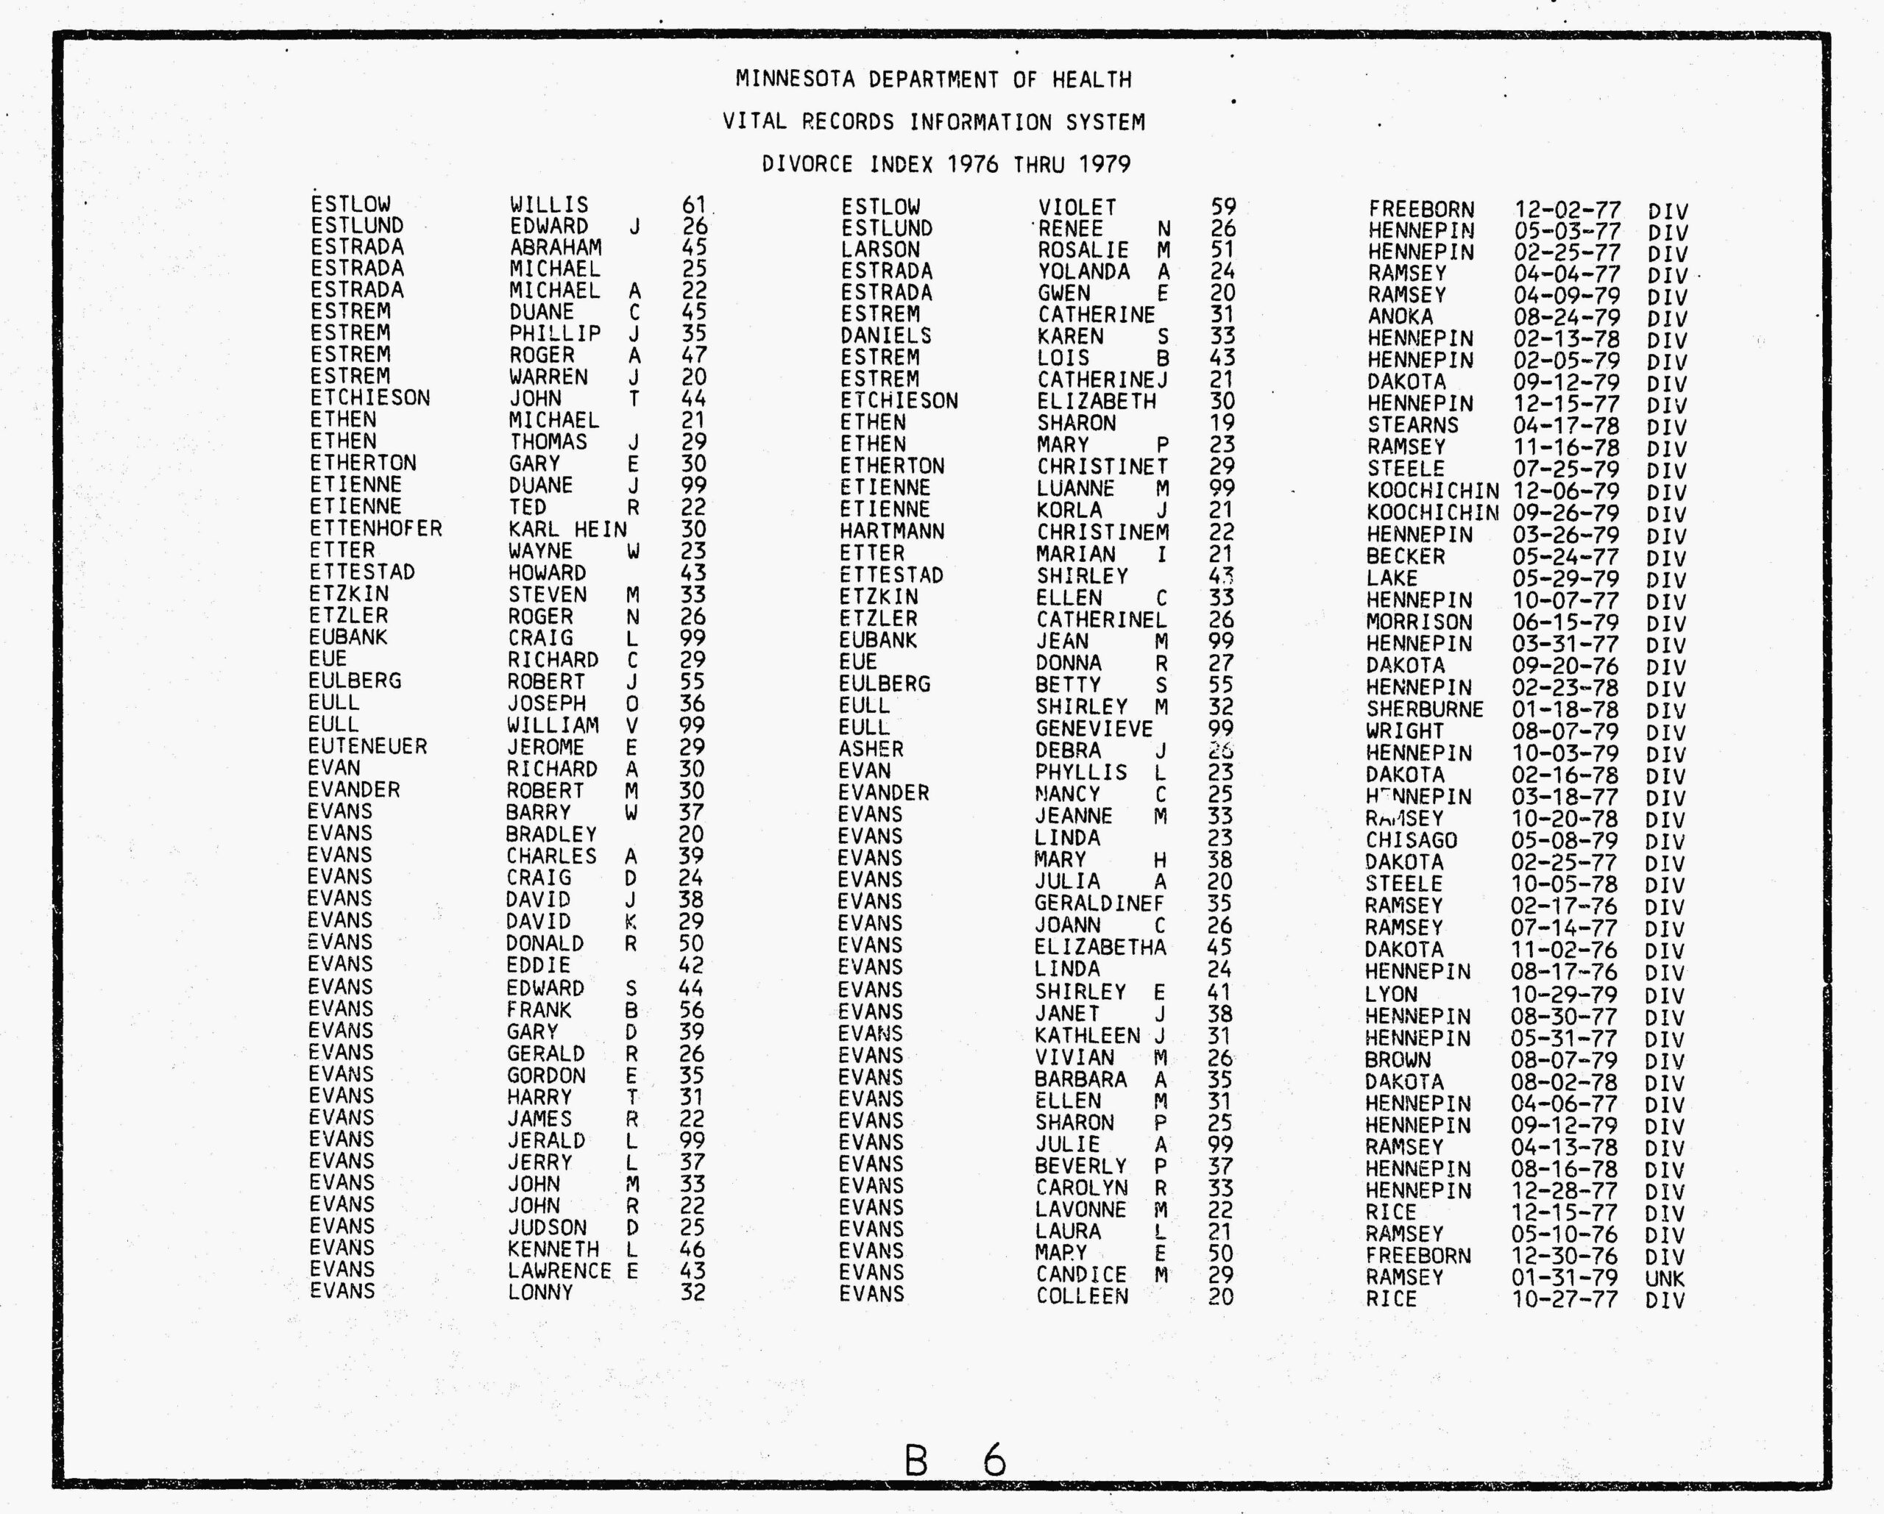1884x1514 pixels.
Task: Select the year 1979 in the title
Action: coord(1105,164)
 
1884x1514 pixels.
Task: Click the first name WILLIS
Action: coord(549,205)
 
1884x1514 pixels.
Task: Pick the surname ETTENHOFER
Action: coord(376,528)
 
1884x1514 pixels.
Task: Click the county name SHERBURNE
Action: coord(1424,709)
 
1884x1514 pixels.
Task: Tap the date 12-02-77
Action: coord(1567,210)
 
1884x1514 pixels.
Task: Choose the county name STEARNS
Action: coord(1413,425)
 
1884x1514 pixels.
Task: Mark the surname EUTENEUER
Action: coord(367,746)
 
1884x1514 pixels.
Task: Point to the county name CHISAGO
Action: coord(1412,840)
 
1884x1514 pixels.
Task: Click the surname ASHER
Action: coord(871,750)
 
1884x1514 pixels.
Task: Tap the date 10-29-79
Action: coord(1563,994)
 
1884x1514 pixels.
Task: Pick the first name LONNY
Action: coord(540,1292)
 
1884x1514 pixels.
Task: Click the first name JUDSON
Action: coord(547,1227)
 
